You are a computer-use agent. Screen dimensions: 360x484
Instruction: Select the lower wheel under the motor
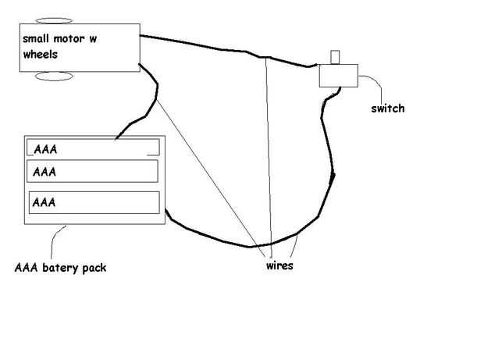point(54,76)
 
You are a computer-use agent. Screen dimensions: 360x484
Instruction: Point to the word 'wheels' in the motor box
point(40,55)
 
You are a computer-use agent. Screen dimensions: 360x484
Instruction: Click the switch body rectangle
point(337,76)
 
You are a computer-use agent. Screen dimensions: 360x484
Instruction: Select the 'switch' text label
point(388,109)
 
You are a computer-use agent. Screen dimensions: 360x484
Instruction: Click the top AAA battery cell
point(93,148)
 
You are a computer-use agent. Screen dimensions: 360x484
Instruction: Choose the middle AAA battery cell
point(93,170)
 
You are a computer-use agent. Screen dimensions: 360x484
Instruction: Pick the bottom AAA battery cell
point(93,202)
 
